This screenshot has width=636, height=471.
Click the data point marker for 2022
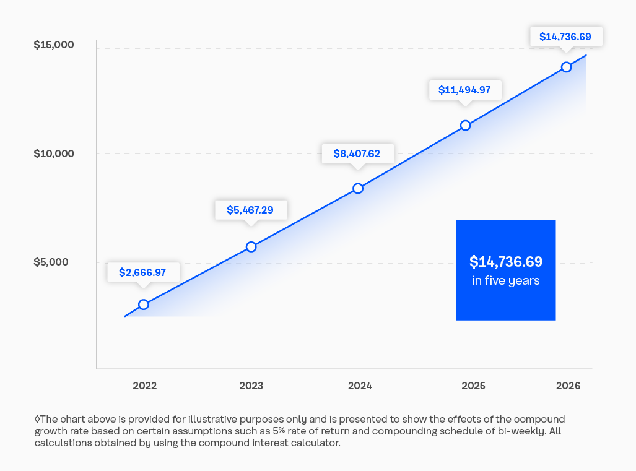coord(144,305)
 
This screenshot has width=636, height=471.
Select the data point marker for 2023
coord(251,247)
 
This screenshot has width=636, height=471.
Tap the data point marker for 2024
coord(358,188)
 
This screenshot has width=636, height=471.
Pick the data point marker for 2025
coord(466,126)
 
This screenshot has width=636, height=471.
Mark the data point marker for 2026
coord(566,67)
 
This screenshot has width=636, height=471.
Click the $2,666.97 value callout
coord(143,272)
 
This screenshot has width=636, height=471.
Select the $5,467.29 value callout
coord(250,210)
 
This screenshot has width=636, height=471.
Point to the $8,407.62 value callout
coord(357,153)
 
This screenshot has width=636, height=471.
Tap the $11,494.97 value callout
coord(464,90)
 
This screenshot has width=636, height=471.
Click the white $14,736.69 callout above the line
coord(565,37)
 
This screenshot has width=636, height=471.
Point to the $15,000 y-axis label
coord(54,45)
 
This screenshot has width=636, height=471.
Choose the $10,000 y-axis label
coord(54,153)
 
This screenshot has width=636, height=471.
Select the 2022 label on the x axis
coord(145,386)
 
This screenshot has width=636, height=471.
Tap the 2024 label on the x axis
coord(360,386)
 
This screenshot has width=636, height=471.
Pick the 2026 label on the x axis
coord(568,386)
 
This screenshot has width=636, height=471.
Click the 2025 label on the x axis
coord(473,386)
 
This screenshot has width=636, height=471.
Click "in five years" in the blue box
coord(505,281)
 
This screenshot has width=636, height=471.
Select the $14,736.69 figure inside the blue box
coord(505,262)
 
